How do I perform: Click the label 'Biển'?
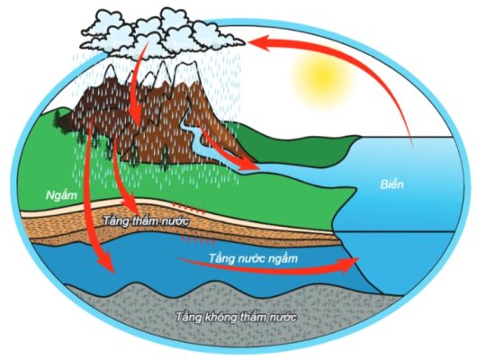point(391,184)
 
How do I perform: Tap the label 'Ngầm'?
point(61,195)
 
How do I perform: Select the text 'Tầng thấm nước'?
point(146,221)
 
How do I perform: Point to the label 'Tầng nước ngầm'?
point(253,258)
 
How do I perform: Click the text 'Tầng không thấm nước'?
point(237,317)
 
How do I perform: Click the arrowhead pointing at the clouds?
point(259,43)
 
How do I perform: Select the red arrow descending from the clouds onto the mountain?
point(137,84)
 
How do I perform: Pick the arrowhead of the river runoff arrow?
point(250,165)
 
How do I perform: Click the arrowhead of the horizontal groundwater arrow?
point(349,265)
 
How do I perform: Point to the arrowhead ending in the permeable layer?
point(130,203)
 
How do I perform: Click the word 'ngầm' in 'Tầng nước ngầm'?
point(282,259)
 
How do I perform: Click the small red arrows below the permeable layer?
point(197,239)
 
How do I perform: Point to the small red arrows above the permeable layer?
point(188,207)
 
